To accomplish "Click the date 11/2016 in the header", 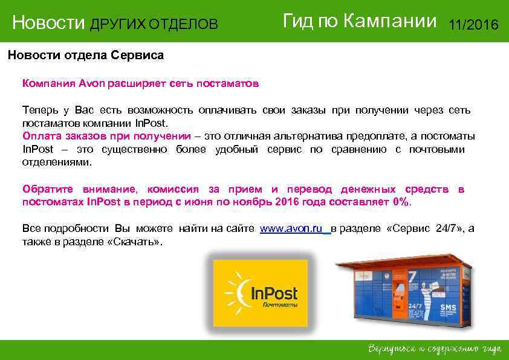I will [x=473, y=25].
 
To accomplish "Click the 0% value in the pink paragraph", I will [x=400, y=202].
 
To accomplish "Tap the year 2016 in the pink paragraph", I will [x=287, y=202].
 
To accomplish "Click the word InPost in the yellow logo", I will [x=274, y=294].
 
